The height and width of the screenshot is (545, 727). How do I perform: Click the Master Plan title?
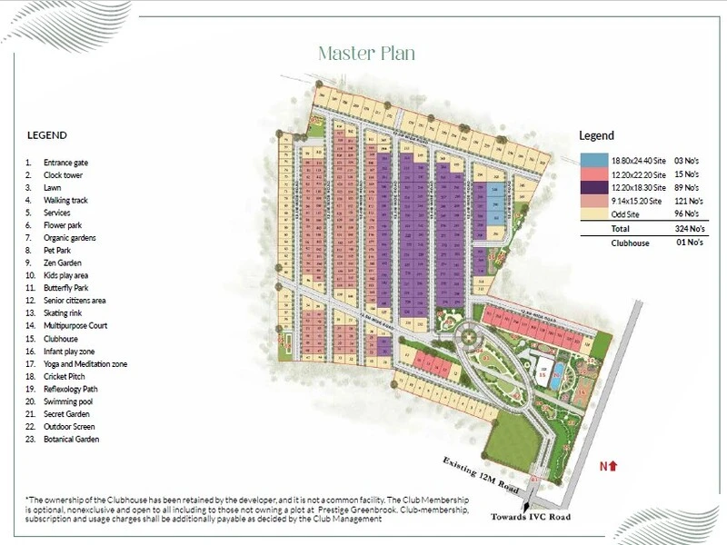[366, 54]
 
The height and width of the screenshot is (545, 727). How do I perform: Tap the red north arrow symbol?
[614, 466]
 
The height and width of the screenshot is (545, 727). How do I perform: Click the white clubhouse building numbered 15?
[543, 372]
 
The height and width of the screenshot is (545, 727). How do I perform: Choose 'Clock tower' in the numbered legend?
[63, 174]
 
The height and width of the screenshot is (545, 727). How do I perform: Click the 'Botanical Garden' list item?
[71, 440]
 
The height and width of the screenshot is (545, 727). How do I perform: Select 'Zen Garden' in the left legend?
[61, 263]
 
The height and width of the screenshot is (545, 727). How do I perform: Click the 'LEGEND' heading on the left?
[46, 135]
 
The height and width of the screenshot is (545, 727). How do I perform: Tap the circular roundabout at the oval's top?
[470, 337]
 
